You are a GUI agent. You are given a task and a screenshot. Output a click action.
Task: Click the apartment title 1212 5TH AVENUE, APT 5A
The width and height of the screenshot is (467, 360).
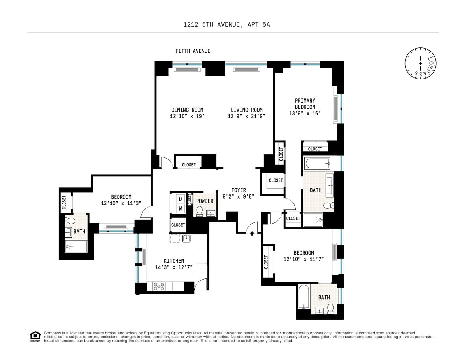point(226,24)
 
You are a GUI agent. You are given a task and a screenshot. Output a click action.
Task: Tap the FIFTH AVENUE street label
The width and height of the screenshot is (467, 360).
point(193,51)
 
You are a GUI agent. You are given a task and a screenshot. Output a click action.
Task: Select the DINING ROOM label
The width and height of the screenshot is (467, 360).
point(187,110)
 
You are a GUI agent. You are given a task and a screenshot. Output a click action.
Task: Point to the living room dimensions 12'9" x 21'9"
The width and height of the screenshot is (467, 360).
point(246,116)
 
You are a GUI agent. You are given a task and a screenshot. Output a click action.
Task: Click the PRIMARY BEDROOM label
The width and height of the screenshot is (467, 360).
point(305,104)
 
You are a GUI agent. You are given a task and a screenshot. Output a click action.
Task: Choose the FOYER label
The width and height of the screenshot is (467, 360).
point(239,190)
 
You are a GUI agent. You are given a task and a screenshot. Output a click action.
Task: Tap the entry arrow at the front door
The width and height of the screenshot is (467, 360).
point(252,234)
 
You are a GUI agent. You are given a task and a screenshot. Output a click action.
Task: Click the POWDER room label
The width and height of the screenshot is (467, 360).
point(205,201)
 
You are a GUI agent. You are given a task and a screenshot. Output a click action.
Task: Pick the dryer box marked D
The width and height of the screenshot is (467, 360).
point(180,199)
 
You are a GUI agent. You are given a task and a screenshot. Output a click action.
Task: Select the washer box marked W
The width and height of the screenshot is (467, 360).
point(180,209)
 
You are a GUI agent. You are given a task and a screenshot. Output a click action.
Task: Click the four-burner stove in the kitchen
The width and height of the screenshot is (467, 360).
point(159,287)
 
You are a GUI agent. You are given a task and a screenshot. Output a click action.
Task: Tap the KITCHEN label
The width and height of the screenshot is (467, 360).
point(174,261)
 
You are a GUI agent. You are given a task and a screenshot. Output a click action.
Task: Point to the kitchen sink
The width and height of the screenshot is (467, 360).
point(186,238)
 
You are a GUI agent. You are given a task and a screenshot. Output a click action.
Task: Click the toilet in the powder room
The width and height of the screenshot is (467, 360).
point(199,211)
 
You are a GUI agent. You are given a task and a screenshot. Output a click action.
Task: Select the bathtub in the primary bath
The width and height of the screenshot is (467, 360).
point(318,163)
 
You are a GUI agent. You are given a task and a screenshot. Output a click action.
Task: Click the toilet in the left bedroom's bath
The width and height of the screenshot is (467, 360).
point(71,221)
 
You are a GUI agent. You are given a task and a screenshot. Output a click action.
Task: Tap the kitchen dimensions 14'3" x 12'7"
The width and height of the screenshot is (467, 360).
point(174,267)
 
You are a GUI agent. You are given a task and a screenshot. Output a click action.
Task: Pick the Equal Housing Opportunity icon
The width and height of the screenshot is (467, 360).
point(35,336)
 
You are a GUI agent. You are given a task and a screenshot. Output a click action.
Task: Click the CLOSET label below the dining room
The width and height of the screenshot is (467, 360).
point(189,165)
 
